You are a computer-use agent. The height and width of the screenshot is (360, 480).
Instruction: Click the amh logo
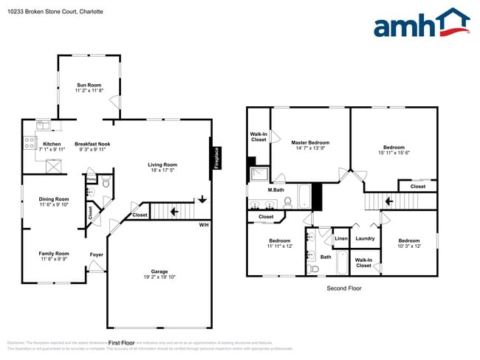point(421,24)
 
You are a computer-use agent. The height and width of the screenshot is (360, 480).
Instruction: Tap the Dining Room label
point(53,198)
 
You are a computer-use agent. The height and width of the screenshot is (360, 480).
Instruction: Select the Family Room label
point(53,253)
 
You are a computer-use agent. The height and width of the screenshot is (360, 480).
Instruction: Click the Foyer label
point(97,255)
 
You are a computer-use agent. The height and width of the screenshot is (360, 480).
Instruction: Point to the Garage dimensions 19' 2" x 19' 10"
point(159,277)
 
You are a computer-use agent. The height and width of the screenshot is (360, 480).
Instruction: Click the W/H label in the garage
point(203,224)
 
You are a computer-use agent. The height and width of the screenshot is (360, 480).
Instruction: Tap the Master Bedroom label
point(309,142)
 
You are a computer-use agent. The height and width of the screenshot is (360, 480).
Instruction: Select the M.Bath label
point(275,190)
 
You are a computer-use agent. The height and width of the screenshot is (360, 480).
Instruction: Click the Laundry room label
point(365,238)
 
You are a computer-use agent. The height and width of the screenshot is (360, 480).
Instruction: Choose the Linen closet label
point(340,238)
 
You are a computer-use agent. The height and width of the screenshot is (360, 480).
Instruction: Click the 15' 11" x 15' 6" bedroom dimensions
point(394,153)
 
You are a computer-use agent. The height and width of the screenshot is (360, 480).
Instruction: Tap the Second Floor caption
point(344,288)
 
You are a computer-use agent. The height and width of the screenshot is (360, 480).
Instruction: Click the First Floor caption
point(122,343)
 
